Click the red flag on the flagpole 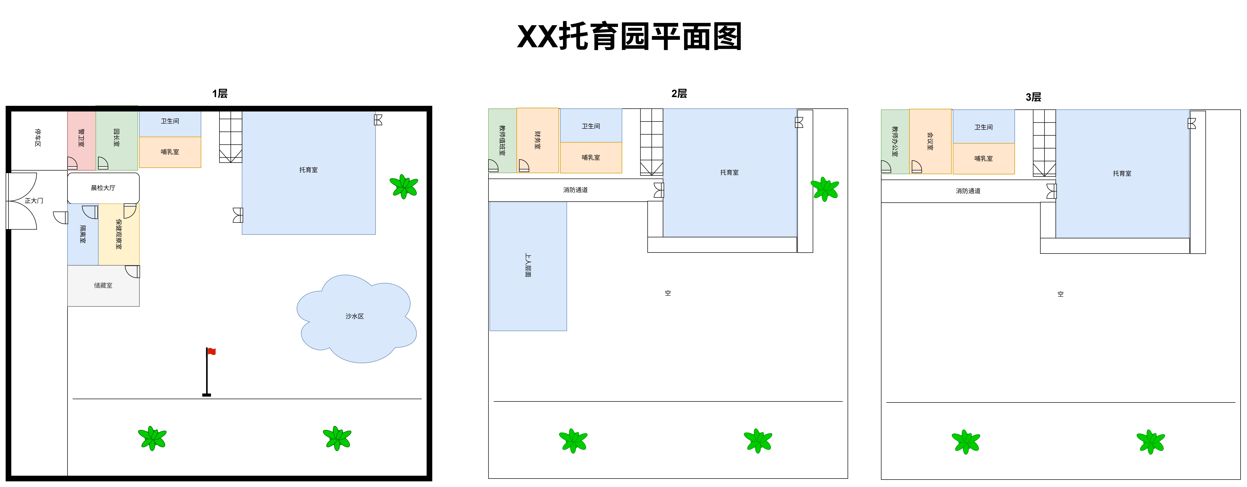point(212,351)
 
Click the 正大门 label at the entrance point(34,201)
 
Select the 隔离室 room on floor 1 point(83,234)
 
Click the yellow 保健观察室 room point(119,234)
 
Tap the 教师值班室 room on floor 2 point(502,141)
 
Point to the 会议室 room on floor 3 point(930,141)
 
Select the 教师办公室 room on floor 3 point(895,142)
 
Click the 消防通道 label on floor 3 point(968,191)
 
